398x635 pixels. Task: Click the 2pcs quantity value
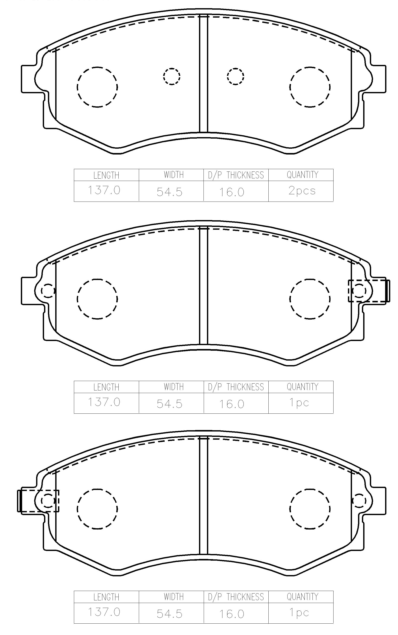point(302,191)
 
